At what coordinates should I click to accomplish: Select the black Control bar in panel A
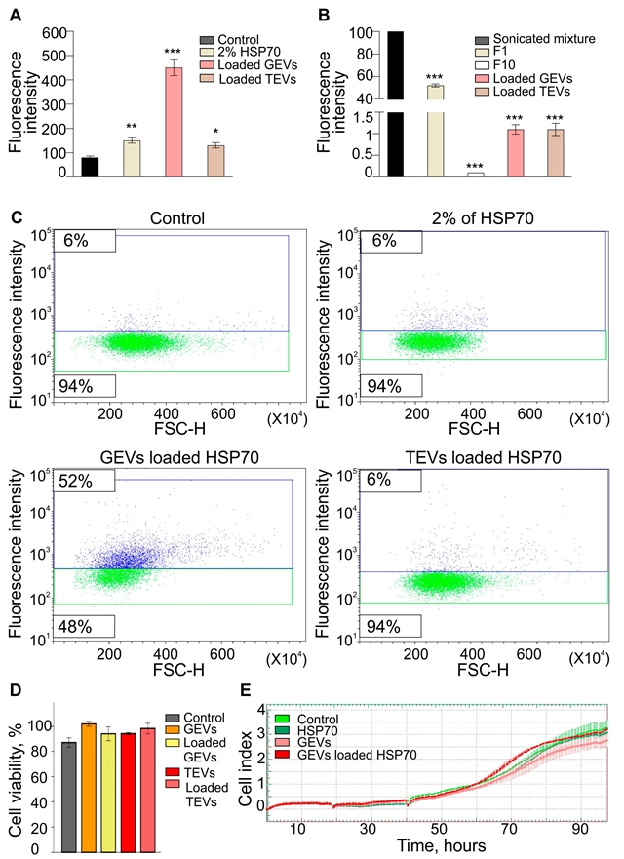click(89, 167)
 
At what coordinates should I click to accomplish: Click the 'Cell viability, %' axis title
click(17, 770)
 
